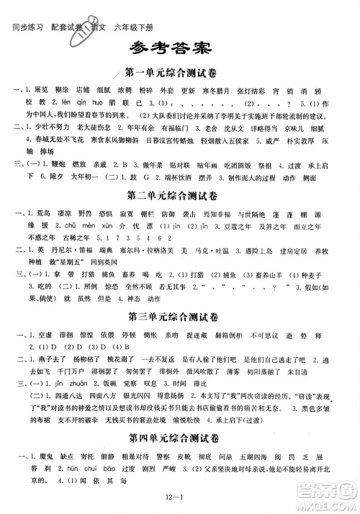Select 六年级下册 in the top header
coord(146,9)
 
